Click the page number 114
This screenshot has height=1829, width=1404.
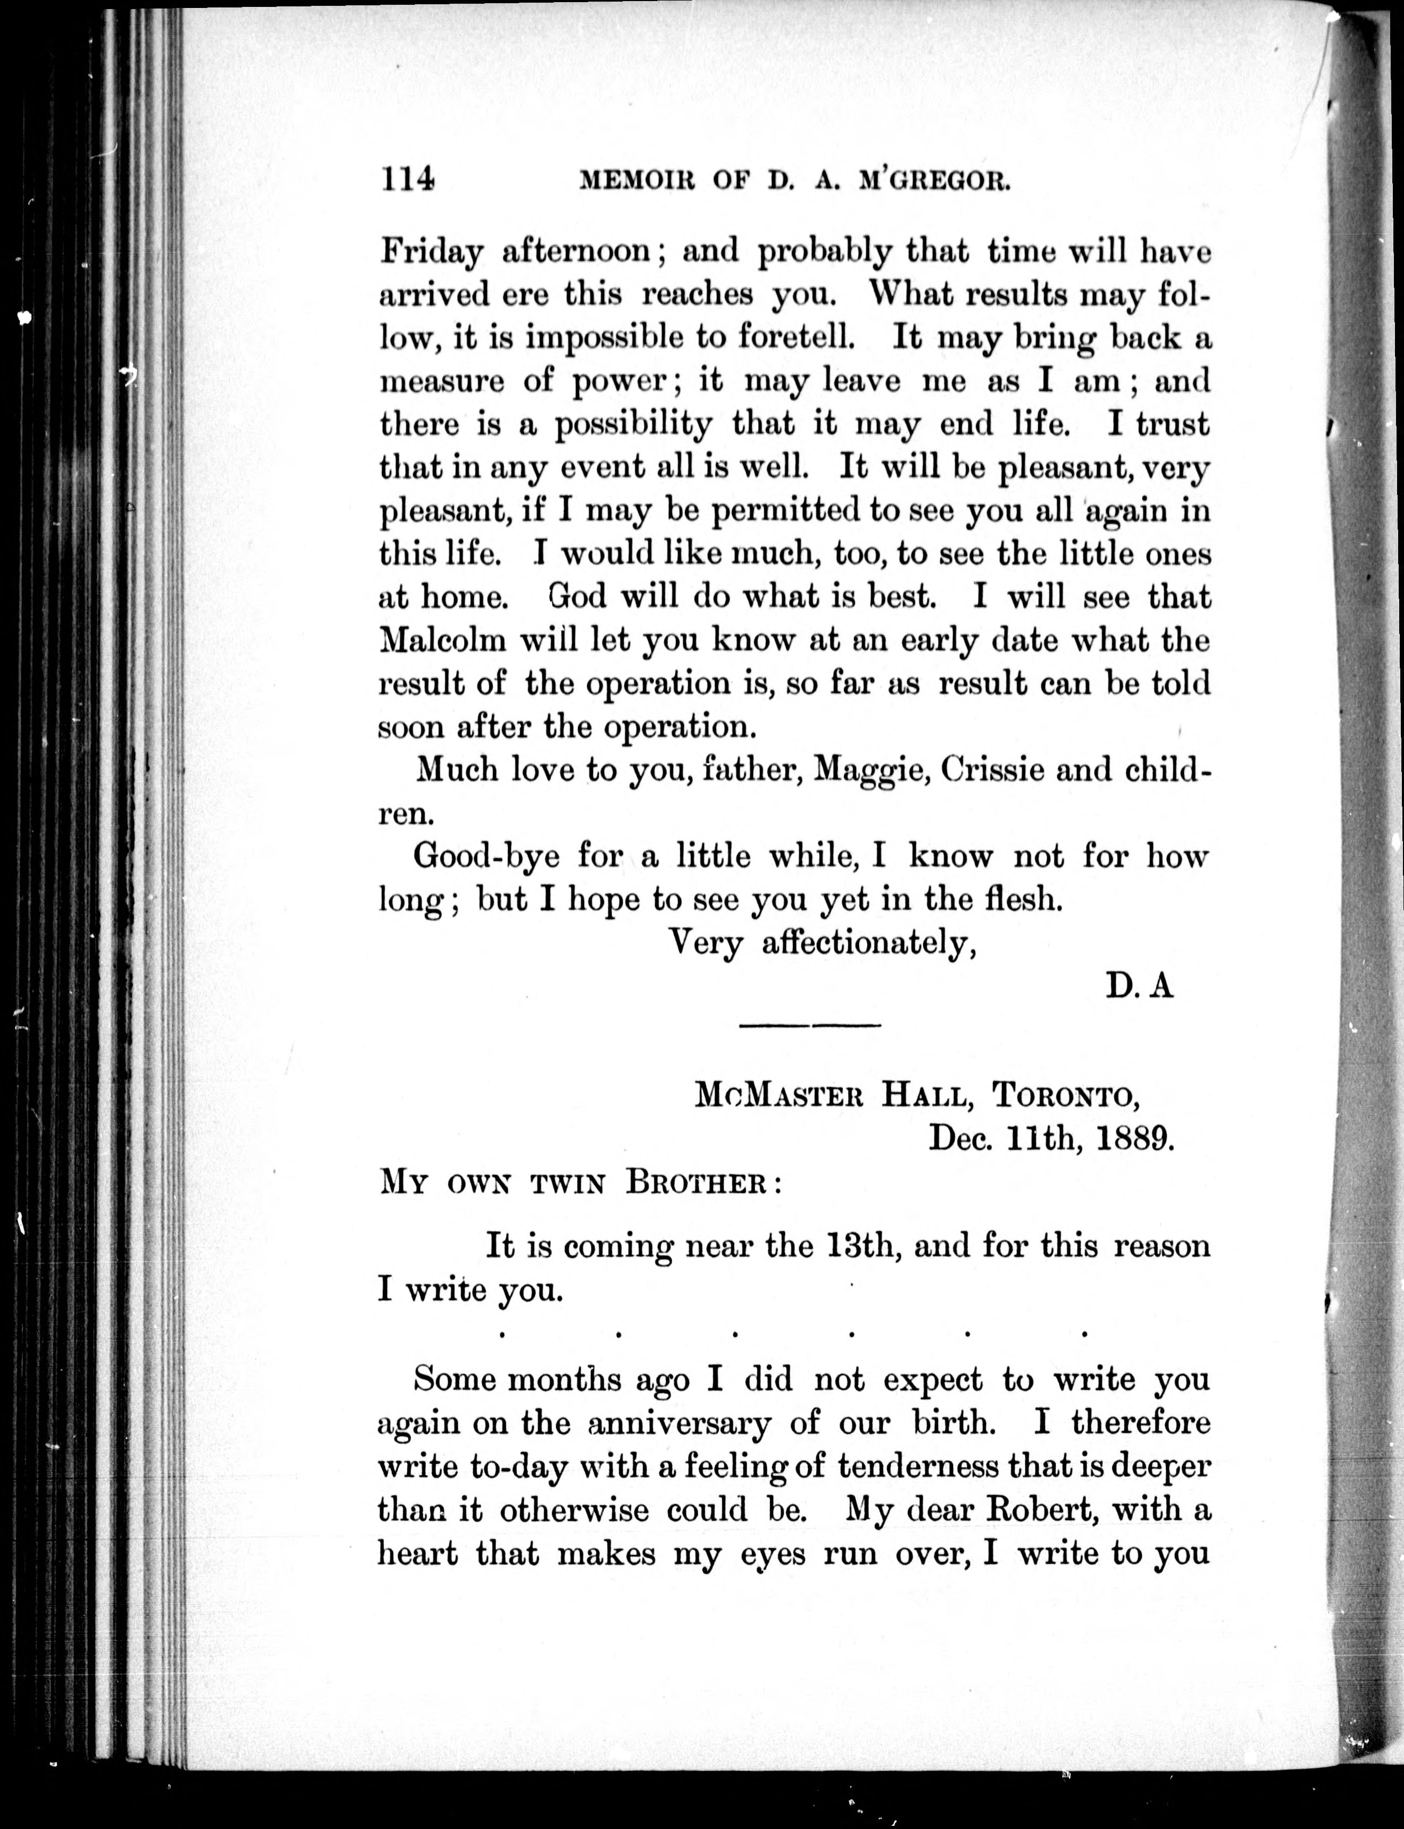(x=407, y=180)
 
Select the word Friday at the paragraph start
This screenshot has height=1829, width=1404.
(x=431, y=251)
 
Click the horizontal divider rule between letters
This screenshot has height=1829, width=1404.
(x=810, y=1025)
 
